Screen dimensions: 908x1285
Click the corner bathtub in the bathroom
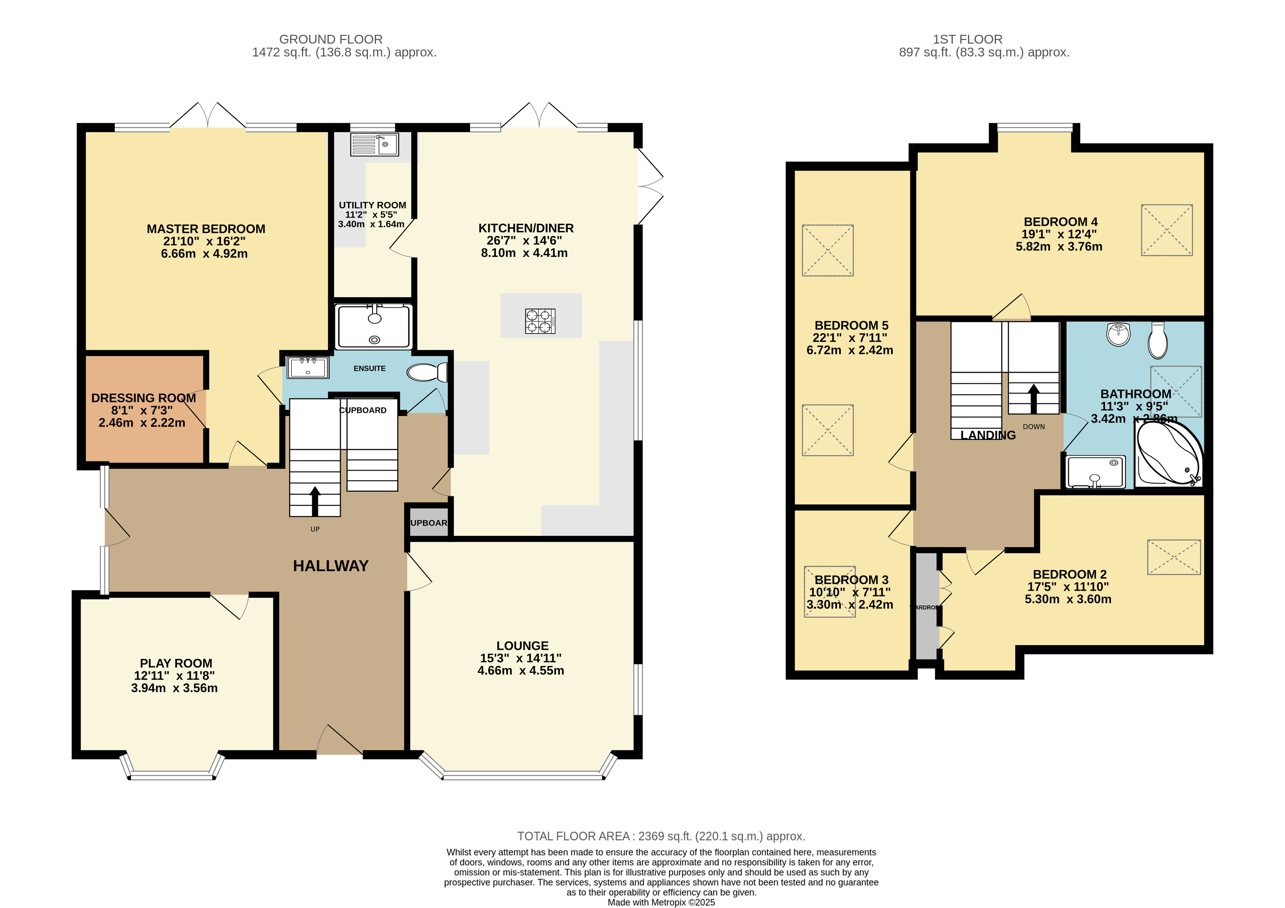click(x=1168, y=453)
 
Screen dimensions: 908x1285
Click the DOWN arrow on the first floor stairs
click(x=1033, y=398)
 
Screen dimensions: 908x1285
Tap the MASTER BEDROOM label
click(x=206, y=229)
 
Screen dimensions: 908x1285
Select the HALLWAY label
click(x=331, y=566)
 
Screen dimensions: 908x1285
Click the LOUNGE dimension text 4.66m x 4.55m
click(x=521, y=670)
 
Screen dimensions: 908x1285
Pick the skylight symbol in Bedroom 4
click(x=1167, y=230)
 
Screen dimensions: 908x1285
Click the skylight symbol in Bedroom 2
click(x=1174, y=557)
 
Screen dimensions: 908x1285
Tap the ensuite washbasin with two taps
click(x=307, y=368)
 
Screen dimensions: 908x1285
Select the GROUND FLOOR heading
click(x=331, y=39)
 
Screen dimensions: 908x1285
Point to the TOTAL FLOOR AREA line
click(x=661, y=837)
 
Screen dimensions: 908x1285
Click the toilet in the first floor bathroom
click(x=1157, y=340)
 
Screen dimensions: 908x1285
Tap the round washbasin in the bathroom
click(x=1118, y=334)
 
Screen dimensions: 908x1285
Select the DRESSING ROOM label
click(x=143, y=398)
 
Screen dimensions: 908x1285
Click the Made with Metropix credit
click(x=661, y=903)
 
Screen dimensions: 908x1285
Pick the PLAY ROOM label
click(x=176, y=663)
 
